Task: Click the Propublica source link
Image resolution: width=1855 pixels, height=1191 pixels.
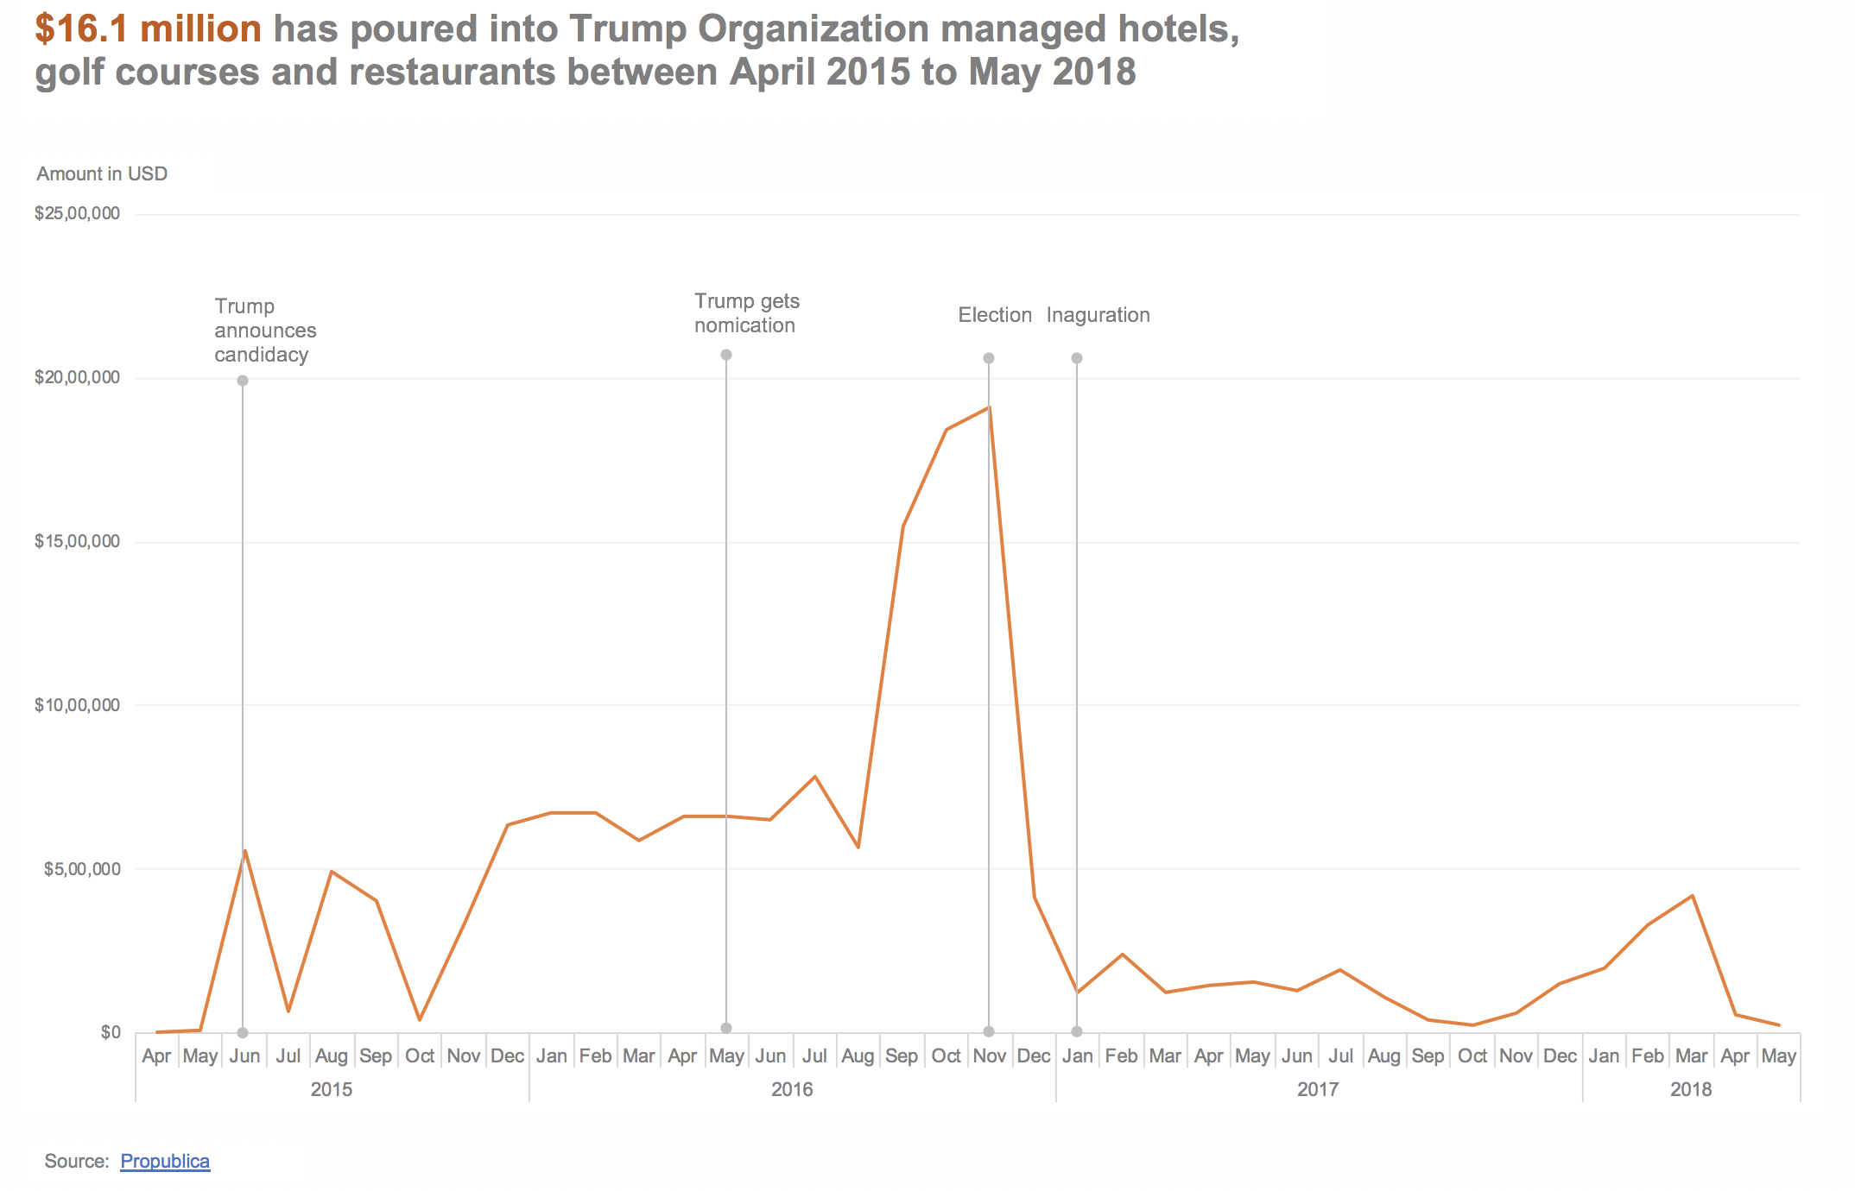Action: pos(165,1162)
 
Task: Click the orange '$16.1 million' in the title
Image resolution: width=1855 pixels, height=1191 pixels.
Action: pos(149,29)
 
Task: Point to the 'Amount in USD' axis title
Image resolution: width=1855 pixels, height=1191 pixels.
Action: pos(102,174)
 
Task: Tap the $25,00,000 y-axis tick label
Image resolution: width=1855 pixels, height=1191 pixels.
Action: pos(77,213)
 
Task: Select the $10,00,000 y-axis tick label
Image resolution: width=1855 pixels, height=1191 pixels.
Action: pos(77,705)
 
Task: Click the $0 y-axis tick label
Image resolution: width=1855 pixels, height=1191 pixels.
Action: pos(111,1032)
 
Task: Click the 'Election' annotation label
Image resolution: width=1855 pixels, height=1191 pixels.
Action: pos(995,315)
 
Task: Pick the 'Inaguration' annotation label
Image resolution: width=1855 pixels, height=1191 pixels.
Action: pos(1098,315)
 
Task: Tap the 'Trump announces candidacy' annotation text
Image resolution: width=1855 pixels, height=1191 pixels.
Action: pos(265,331)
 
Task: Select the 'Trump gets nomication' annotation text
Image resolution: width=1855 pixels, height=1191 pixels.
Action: pos(747,313)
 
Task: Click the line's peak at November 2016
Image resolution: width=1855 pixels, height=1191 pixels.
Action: pos(989,407)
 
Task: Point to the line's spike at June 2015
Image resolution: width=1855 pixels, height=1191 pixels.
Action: pos(245,851)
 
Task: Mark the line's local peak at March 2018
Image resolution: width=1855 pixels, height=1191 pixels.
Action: pos(1692,896)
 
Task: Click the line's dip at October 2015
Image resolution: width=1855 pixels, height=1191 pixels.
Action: pos(420,1020)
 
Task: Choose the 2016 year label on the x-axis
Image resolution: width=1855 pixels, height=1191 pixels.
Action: pos(792,1089)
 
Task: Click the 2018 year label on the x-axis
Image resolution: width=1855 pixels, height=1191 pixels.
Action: pos(1691,1089)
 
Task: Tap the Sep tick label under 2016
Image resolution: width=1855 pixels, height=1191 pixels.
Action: pos(902,1056)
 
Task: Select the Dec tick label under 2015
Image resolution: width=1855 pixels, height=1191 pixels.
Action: pos(507,1056)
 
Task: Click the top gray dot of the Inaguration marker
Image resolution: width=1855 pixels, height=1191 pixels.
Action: pos(1077,358)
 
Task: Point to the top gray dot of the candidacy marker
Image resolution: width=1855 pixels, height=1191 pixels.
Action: pos(243,381)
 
